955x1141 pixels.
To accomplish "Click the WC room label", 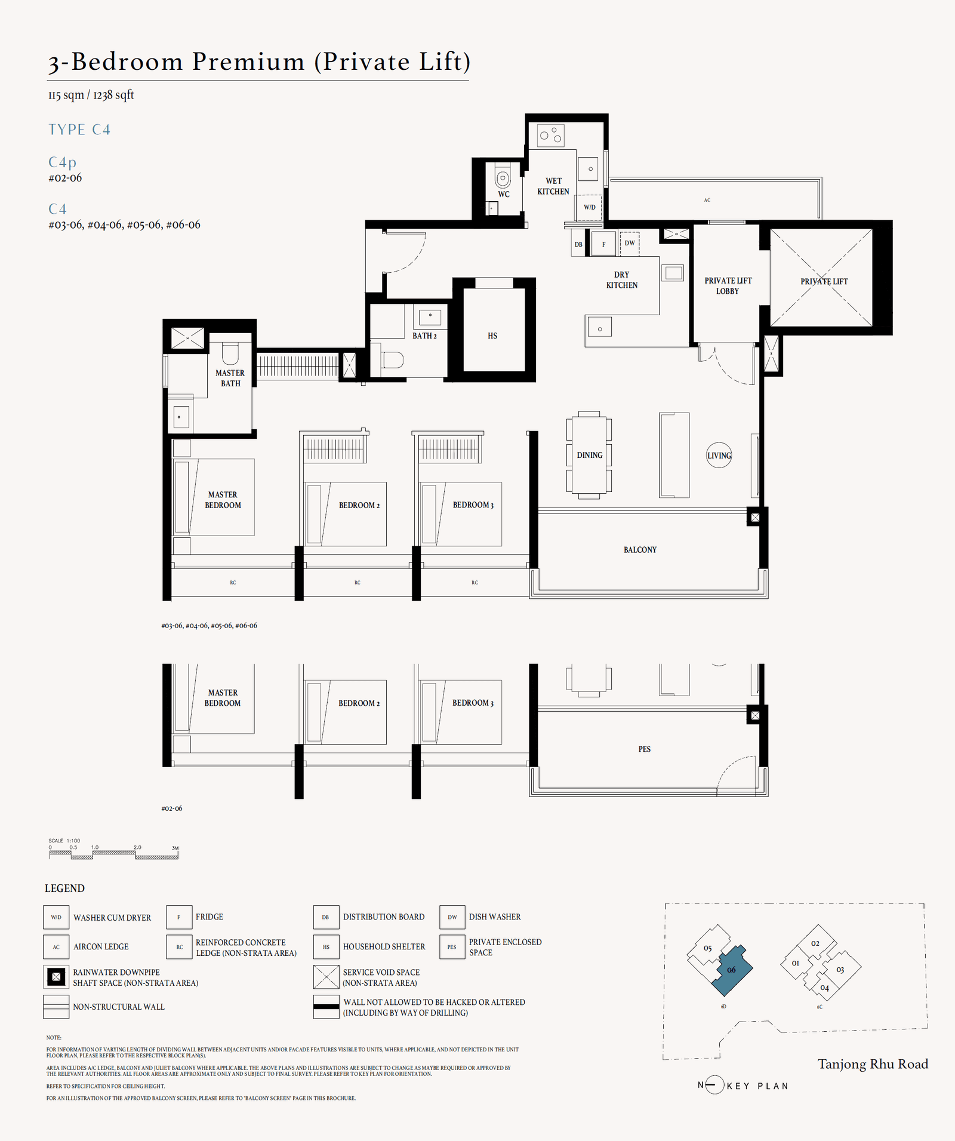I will coord(504,194).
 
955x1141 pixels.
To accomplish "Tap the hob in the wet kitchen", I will coord(550,135).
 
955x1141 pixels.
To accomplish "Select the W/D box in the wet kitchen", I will coord(589,207).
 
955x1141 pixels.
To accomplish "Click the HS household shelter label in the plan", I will coord(492,336).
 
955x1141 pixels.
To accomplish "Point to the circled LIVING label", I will coord(719,456).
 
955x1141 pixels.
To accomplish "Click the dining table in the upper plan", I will coord(589,455).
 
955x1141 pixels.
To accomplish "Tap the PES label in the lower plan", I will coord(644,749).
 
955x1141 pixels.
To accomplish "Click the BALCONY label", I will coord(640,549).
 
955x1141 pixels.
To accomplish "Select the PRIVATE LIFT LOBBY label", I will coord(728,285).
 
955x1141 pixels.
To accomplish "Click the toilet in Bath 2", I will coord(392,360).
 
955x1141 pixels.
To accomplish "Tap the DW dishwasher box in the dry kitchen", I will coord(630,243).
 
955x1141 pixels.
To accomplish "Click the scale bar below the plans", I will coord(113,854).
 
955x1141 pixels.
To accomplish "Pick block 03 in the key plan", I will coord(840,970).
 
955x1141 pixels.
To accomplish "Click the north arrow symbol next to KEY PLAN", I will coord(714,1085).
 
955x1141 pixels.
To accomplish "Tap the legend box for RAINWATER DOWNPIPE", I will coord(56,977).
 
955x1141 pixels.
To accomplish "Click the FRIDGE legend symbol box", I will coord(179,917).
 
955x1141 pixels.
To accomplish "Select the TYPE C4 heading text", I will coord(79,130).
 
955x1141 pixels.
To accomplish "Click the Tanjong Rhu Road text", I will coord(873,1064).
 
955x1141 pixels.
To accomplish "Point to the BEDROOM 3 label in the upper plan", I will coord(473,505).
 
